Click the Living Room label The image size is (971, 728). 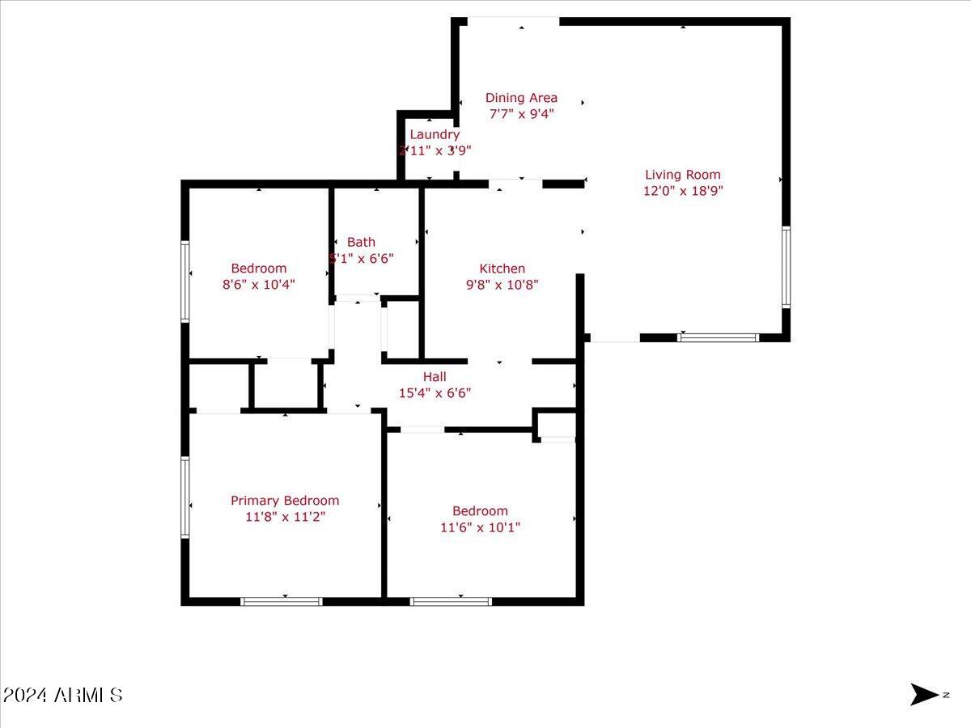[682, 175]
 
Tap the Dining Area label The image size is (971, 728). [521, 98]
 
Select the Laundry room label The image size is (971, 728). [435, 134]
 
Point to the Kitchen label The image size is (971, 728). [502, 269]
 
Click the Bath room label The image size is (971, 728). [362, 242]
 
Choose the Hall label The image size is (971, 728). [435, 377]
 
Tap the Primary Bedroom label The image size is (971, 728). [285, 501]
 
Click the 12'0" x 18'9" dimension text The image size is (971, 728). [682, 192]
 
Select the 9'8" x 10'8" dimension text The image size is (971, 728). [502, 285]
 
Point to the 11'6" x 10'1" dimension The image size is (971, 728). [480, 527]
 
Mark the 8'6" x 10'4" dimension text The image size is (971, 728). [259, 285]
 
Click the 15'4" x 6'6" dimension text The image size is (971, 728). [435, 393]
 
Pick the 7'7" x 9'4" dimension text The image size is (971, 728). [521, 114]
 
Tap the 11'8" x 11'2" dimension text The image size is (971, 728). [285, 517]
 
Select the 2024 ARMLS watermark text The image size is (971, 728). [62, 695]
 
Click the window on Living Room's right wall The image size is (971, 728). [785, 267]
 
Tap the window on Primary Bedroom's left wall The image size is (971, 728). [185, 497]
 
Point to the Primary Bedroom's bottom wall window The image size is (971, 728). [282, 601]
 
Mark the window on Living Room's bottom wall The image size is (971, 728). [718, 336]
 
